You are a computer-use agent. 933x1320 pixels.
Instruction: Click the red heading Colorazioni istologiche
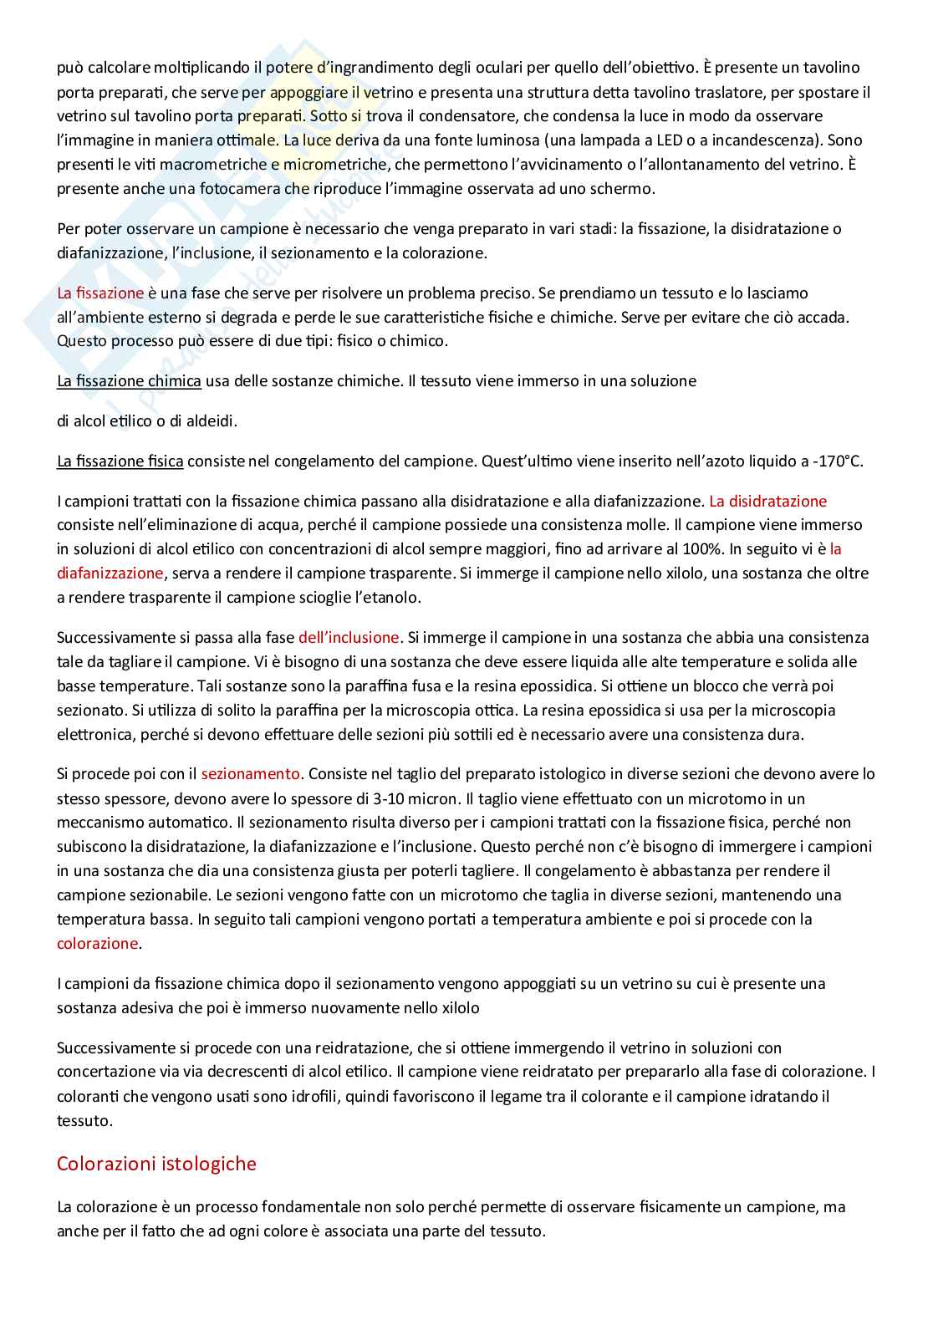156,1164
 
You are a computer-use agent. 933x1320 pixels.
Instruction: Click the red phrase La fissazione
100,293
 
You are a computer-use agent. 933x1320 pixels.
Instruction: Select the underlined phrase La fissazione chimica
129,380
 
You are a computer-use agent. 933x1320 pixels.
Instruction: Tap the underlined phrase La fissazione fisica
120,461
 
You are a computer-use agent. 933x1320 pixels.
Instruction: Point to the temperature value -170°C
837,461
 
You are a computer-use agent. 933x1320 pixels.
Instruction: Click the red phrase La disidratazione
767,501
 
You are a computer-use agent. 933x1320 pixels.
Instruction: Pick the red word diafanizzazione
110,573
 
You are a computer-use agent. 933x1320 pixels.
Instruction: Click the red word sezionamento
250,773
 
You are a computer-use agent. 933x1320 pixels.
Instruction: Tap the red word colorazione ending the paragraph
97,943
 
